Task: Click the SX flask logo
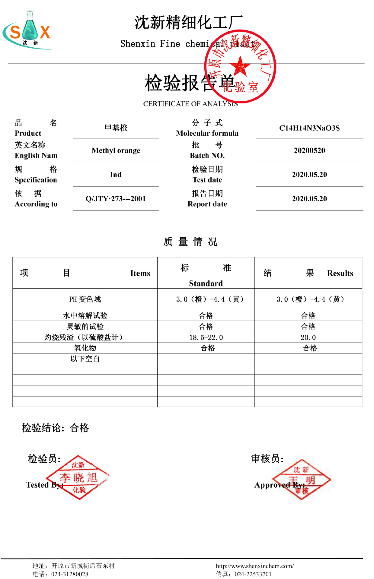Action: click(28, 30)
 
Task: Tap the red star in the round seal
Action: click(240, 66)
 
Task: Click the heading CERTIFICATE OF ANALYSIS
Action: click(190, 104)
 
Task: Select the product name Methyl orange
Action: click(116, 150)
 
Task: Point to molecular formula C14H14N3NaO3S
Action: click(309, 128)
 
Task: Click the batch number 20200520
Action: click(309, 150)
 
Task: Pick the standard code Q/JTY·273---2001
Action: click(116, 199)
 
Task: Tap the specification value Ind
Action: click(116, 175)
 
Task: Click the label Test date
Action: click(207, 180)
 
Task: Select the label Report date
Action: click(207, 204)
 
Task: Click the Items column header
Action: click(140, 273)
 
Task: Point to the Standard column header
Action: click(206, 283)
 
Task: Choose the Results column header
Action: click(340, 273)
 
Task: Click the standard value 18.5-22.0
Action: click(206, 337)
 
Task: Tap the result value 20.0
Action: click(308, 337)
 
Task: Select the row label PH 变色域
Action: click(85, 299)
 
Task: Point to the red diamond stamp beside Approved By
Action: click(302, 479)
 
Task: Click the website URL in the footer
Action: click(255, 566)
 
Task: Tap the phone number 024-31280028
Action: click(69, 574)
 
